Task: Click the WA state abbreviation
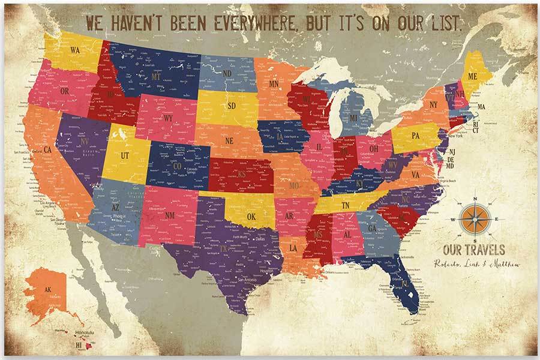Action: point(76,50)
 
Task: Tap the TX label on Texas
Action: point(224,248)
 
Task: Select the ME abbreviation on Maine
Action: point(473,76)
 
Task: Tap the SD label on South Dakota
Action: point(230,106)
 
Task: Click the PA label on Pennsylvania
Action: point(415,136)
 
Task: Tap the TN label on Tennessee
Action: point(346,205)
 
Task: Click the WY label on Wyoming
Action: point(168,118)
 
